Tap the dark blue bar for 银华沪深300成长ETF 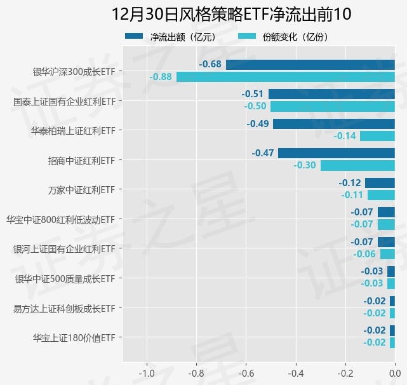click(x=310, y=64)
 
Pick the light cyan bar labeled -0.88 click(x=286, y=77)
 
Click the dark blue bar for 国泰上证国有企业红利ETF click(x=331, y=94)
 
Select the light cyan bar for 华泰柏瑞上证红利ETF click(x=377, y=136)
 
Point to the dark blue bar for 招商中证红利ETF click(x=337, y=153)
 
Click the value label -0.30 click(x=305, y=165)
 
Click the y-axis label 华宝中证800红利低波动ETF click(x=60, y=219)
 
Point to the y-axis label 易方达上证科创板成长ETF click(x=64, y=308)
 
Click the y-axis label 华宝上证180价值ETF click(x=74, y=337)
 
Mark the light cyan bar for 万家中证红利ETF click(x=381, y=195)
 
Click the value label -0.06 click(x=364, y=254)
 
